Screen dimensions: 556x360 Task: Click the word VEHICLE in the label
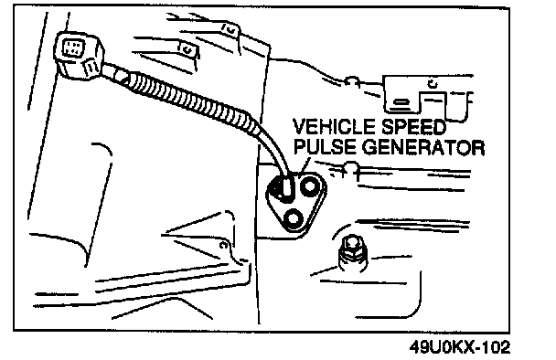334,127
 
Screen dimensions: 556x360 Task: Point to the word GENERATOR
422,147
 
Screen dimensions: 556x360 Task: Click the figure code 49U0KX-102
460,347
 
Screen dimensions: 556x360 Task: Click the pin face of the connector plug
73,48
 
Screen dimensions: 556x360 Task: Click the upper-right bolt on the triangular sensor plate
310,185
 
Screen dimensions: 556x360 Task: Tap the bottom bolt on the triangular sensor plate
293,219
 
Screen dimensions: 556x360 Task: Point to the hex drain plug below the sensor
352,252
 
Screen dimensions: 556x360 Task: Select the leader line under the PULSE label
305,164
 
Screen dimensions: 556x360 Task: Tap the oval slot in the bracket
401,103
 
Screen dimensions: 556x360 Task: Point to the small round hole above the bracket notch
433,84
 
